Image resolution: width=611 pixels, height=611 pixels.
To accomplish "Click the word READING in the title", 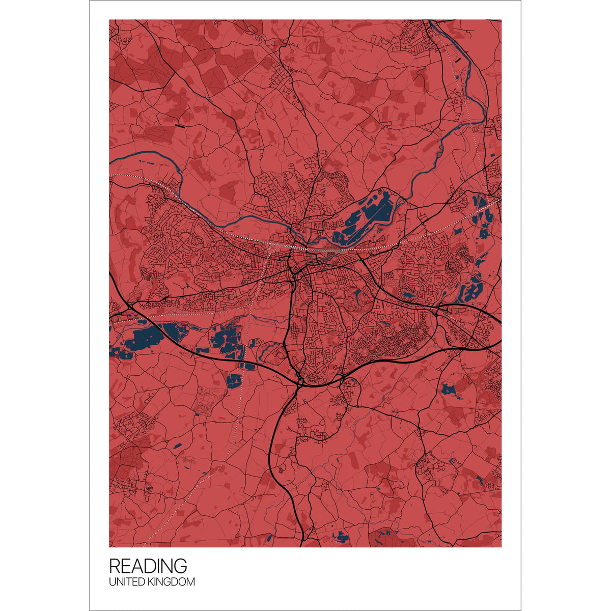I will [148, 566].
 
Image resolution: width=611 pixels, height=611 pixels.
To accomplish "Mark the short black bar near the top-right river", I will [461, 61].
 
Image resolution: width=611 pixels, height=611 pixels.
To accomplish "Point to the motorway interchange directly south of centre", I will [300, 379].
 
